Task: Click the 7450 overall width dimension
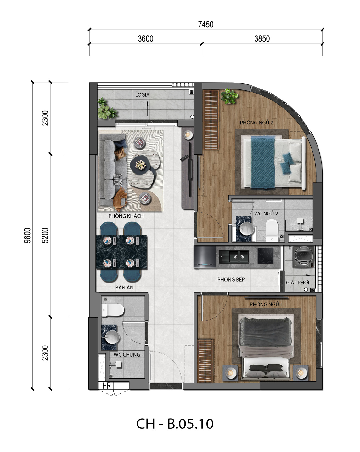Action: click(205, 25)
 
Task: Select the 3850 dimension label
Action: click(262, 39)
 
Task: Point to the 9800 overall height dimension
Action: click(27, 236)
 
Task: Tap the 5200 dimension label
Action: click(45, 236)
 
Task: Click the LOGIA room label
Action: click(142, 95)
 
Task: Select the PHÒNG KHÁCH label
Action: click(126, 216)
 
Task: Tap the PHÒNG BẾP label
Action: click(231, 280)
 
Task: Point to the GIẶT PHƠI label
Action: click(297, 283)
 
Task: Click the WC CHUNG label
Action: click(127, 355)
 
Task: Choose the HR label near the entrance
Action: click(107, 386)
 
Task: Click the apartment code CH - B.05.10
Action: click(175, 424)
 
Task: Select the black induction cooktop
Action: click(266, 256)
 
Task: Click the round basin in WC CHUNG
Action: click(112, 337)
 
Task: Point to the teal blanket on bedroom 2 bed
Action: click(263, 162)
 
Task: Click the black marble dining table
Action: click(121, 252)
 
